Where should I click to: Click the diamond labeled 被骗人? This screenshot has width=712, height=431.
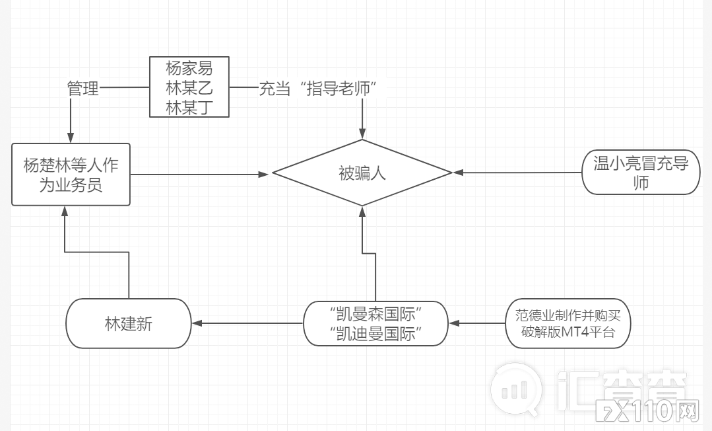362,173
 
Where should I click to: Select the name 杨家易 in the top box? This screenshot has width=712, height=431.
189,68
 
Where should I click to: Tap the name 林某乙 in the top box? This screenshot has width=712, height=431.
189,88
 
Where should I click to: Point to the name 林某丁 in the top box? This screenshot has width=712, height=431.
189,108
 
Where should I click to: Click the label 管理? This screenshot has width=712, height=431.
83,88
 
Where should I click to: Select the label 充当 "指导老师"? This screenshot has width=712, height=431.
321,88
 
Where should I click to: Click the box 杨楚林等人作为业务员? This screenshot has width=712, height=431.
71,175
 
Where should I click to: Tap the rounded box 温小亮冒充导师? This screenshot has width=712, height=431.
640,173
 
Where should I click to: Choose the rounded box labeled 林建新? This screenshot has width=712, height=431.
128,323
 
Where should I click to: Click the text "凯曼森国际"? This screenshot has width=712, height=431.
375,312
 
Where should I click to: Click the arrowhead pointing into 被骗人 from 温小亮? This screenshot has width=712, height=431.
457,173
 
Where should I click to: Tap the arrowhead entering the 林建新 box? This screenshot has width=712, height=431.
197,323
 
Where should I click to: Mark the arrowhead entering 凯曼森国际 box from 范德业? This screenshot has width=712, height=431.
453,323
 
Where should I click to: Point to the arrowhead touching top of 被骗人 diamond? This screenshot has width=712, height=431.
362,134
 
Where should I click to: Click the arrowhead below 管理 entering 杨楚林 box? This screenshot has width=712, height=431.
70,137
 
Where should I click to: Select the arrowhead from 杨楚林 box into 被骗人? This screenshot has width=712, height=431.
265,174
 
